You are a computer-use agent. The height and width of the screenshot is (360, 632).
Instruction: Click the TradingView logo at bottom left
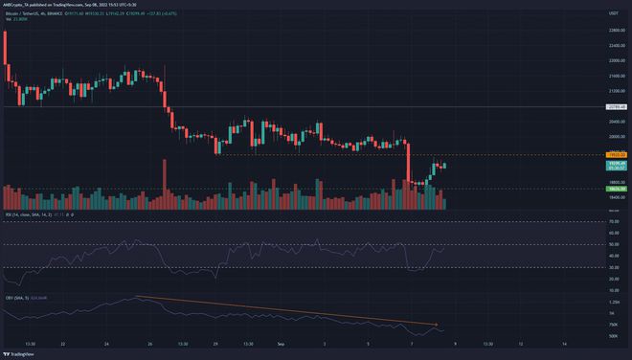coord(21,352)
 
